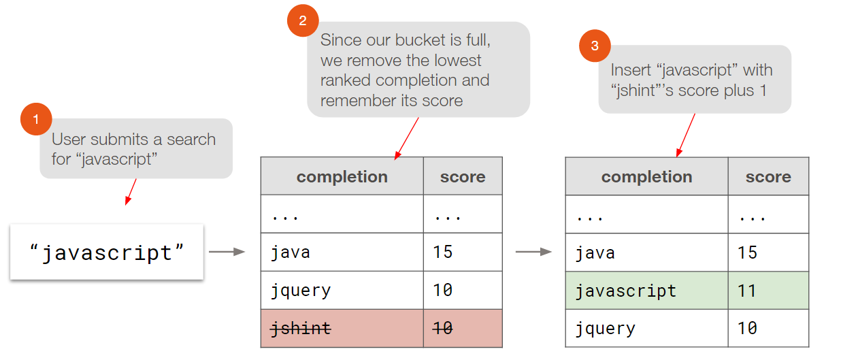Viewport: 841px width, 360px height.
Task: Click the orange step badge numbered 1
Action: (x=36, y=120)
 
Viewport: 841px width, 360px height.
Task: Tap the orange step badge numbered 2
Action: (x=303, y=21)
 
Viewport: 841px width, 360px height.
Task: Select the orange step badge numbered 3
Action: (x=595, y=46)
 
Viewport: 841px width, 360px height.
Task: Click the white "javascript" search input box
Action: (x=107, y=252)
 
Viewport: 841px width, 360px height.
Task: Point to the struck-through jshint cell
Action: (x=342, y=329)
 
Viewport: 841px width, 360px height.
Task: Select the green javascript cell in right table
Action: (x=646, y=291)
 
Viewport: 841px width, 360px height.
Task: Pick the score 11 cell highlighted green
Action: (x=768, y=291)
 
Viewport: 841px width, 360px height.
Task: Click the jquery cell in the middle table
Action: (x=342, y=291)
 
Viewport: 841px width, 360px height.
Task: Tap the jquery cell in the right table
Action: (x=646, y=329)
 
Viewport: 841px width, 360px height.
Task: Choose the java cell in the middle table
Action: (x=342, y=252)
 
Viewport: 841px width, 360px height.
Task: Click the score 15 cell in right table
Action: (x=768, y=252)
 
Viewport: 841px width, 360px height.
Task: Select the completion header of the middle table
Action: (x=342, y=177)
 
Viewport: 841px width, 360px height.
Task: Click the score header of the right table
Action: (x=768, y=177)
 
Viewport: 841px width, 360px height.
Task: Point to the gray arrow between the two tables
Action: (x=533, y=252)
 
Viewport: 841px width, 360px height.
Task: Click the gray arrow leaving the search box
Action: (x=227, y=252)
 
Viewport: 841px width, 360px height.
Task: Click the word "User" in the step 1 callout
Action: (x=69, y=140)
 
